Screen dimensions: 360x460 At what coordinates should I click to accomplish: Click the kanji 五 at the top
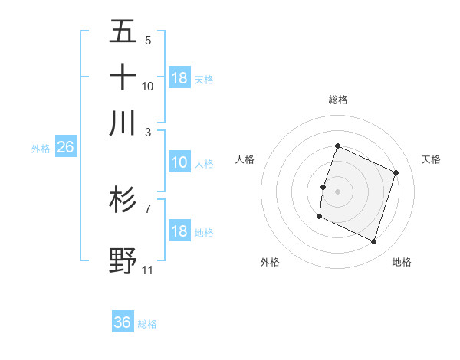pyautogui.click(x=123, y=31)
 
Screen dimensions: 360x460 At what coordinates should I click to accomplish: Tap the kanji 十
pyautogui.click(x=123, y=77)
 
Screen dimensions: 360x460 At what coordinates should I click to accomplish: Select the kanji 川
pyautogui.click(x=123, y=123)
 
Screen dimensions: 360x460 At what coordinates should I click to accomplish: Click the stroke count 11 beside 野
pyautogui.click(x=147, y=270)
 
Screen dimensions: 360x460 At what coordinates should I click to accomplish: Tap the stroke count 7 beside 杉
pyautogui.click(x=147, y=208)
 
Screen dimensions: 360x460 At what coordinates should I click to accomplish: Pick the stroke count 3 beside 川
pyautogui.click(x=147, y=131)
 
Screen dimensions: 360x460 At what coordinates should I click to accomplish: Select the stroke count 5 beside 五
pyautogui.click(x=147, y=40)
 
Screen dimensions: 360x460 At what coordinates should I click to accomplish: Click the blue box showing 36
pyautogui.click(x=123, y=322)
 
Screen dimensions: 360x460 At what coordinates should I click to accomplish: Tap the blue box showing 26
pyautogui.click(x=65, y=147)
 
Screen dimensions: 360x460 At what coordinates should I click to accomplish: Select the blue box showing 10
pyautogui.click(x=179, y=162)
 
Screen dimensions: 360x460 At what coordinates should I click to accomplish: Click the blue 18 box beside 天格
pyautogui.click(x=179, y=78)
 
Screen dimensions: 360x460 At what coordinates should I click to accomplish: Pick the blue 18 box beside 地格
pyautogui.click(x=179, y=231)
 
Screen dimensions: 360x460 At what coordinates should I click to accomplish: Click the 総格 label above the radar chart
pyautogui.click(x=337, y=100)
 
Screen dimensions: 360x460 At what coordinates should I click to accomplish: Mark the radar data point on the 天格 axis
pyautogui.click(x=396, y=172)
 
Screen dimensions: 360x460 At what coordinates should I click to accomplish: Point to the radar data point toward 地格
pyautogui.click(x=373, y=242)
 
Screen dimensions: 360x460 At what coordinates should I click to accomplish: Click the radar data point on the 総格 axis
pyautogui.click(x=337, y=146)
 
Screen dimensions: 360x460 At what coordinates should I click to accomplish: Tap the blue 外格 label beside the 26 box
pyautogui.click(x=40, y=149)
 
